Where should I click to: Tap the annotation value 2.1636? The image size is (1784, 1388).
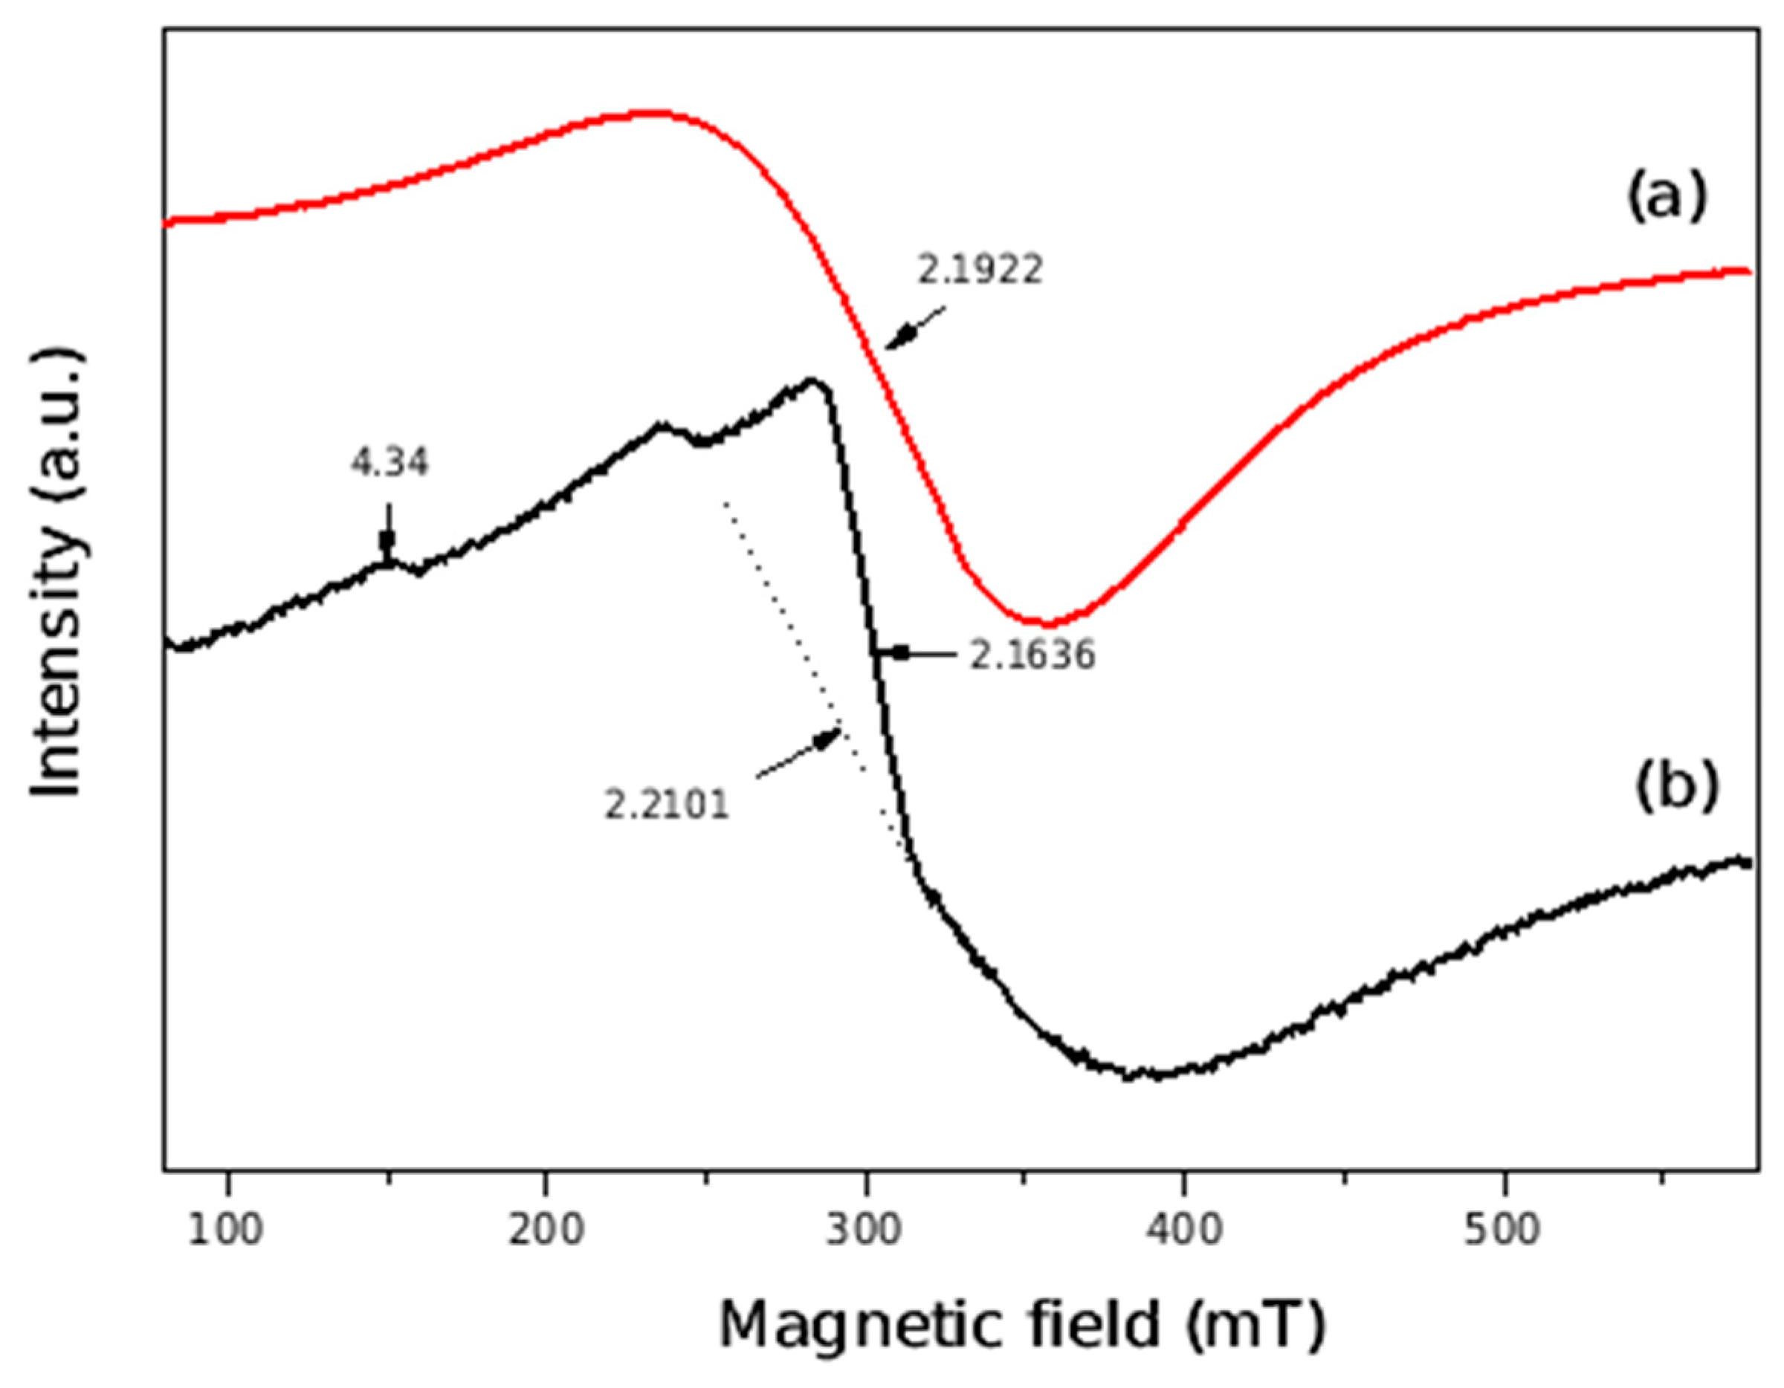tap(1032, 655)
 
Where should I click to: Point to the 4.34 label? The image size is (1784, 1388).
tap(390, 464)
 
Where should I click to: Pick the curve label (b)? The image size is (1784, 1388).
tap(1667, 788)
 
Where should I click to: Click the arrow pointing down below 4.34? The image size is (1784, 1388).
tap(388, 531)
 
